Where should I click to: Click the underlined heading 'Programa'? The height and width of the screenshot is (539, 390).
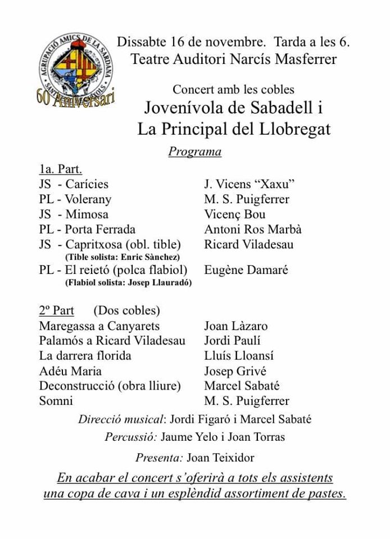pyautogui.click(x=194, y=152)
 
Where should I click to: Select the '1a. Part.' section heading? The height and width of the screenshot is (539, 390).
pyautogui.click(x=61, y=169)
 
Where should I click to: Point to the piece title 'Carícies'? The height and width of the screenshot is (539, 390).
pyautogui.click(x=87, y=184)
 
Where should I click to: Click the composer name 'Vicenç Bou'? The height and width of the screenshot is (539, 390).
pyautogui.click(x=235, y=214)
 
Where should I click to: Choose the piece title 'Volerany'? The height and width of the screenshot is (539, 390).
pyautogui.click(x=88, y=199)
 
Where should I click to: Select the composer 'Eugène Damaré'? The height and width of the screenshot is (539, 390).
pyautogui.click(x=246, y=270)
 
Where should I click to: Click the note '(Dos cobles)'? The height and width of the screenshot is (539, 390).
pyautogui.click(x=126, y=310)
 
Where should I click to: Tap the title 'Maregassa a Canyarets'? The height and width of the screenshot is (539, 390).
pyautogui.click(x=99, y=326)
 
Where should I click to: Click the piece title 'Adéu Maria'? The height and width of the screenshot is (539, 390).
pyautogui.click(x=70, y=371)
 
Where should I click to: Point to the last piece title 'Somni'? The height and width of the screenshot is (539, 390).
pyautogui.click(x=56, y=401)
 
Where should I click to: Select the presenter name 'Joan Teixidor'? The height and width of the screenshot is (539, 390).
pyautogui.click(x=220, y=458)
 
